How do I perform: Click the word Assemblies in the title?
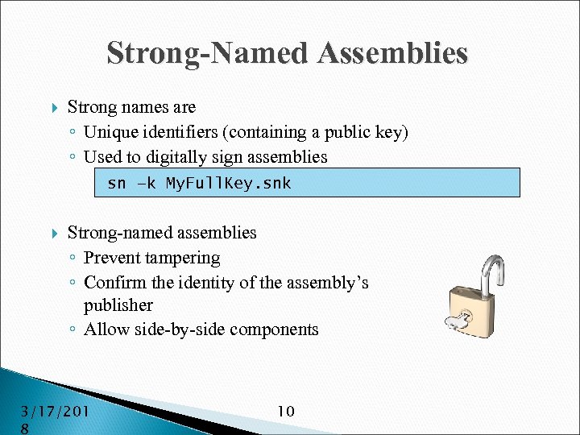(x=392, y=53)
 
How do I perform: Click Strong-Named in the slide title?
(x=208, y=53)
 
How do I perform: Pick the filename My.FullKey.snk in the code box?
(x=228, y=184)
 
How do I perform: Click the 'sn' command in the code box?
(x=116, y=184)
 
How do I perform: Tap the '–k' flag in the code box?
(x=147, y=184)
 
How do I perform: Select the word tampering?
(x=183, y=258)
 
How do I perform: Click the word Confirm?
(x=113, y=283)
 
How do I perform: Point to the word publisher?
(x=118, y=306)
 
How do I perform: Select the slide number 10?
(x=285, y=412)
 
